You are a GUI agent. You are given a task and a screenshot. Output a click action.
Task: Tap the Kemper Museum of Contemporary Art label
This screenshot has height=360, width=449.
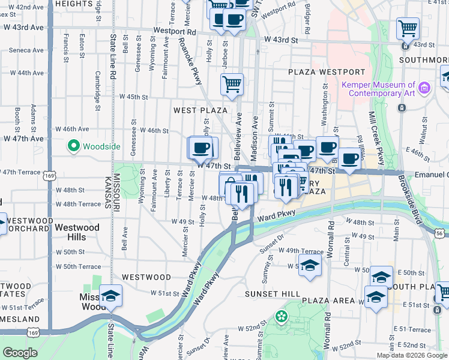[x=378, y=89]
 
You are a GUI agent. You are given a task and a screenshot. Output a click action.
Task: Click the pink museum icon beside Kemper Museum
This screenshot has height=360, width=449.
[x=424, y=89]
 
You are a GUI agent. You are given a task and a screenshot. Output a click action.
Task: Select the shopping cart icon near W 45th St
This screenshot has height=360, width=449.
[x=232, y=83]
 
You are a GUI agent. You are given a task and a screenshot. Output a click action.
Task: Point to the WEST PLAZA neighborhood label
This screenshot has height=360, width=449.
[x=200, y=110]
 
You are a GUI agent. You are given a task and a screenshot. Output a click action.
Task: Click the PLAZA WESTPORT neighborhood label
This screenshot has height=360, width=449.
[x=326, y=72]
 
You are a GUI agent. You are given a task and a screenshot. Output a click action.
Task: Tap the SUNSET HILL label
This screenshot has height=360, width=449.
[x=270, y=294]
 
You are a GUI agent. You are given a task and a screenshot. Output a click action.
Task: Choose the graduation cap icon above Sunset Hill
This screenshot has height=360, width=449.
[x=310, y=265]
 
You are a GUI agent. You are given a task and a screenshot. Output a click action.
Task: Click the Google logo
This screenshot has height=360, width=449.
[x=20, y=353]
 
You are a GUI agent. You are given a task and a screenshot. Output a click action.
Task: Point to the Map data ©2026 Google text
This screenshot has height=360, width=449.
[x=411, y=355]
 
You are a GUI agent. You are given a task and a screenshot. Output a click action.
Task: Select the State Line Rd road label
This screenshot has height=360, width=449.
[x=112, y=57]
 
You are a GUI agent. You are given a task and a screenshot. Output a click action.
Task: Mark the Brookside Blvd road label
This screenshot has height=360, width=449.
[x=420, y=192]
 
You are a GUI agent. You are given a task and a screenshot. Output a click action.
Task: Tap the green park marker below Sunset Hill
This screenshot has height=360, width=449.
[x=280, y=316]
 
